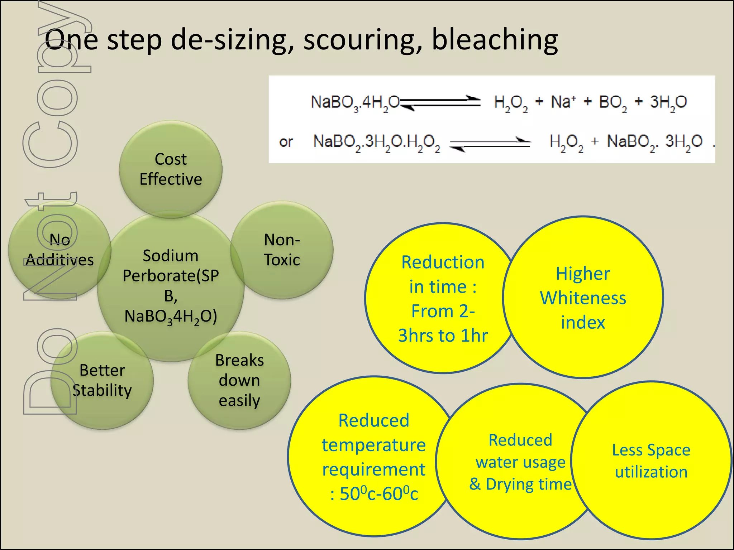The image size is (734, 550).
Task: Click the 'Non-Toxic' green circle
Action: [282, 250]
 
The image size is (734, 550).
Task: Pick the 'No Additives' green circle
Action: [59, 250]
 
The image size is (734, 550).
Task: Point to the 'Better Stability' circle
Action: [102, 380]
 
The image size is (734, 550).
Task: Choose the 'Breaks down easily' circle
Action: [239, 380]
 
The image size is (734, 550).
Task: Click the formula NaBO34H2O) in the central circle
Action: [171, 317]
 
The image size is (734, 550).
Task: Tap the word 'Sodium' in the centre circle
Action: [171, 256]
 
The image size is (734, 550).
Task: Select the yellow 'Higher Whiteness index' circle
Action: [583, 297]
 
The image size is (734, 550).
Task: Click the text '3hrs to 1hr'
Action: [443, 336]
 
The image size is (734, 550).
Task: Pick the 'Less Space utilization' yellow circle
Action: [651, 460]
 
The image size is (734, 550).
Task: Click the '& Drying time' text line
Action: [520, 484]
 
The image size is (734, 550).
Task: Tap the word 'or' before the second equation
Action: [286, 142]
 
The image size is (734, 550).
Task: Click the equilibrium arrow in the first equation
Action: [440, 103]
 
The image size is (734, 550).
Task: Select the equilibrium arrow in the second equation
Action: [490, 144]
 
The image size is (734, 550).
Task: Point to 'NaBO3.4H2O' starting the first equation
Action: [355, 103]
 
